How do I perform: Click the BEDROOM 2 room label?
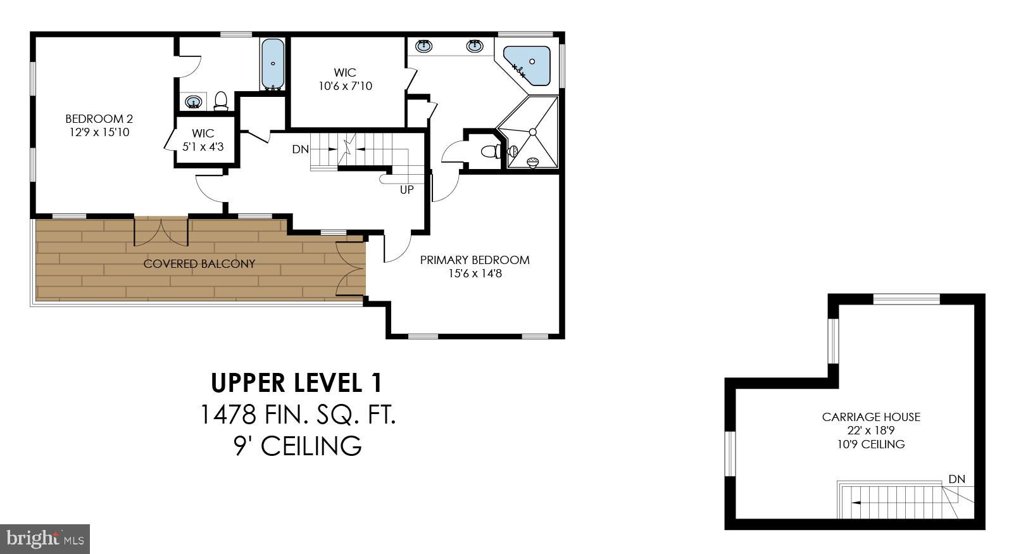point(99,118)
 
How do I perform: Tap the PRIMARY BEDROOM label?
point(475,260)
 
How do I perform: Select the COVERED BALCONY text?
point(199,264)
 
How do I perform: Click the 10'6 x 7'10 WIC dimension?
point(346,86)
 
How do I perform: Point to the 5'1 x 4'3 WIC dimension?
point(203,147)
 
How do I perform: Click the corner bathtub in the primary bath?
point(529,65)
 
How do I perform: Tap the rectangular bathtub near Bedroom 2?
point(273,63)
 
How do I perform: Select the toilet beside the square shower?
point(491,151)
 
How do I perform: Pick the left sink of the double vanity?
point(424,46)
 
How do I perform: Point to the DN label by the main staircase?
point(300,149)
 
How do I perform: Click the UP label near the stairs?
point(406,189)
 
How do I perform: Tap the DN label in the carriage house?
point(956,479)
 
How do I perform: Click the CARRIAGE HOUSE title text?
point(871,417)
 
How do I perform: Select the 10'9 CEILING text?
point(871,444)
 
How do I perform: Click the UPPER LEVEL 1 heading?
point(296,383)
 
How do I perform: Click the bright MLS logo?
point(44,539)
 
